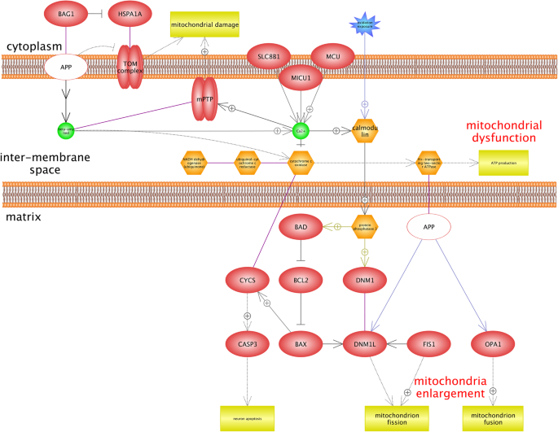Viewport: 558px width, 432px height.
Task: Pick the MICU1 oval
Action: point(303,80)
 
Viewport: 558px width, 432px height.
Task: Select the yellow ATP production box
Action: point(503,162)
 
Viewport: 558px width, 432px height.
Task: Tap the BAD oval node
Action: point(301,227)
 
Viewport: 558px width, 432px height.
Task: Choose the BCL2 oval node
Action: point(301,281)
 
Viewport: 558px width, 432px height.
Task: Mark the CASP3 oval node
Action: point(248,344)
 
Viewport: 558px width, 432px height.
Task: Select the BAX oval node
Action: point(301,344)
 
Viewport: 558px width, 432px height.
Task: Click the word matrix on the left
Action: point(24,217)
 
